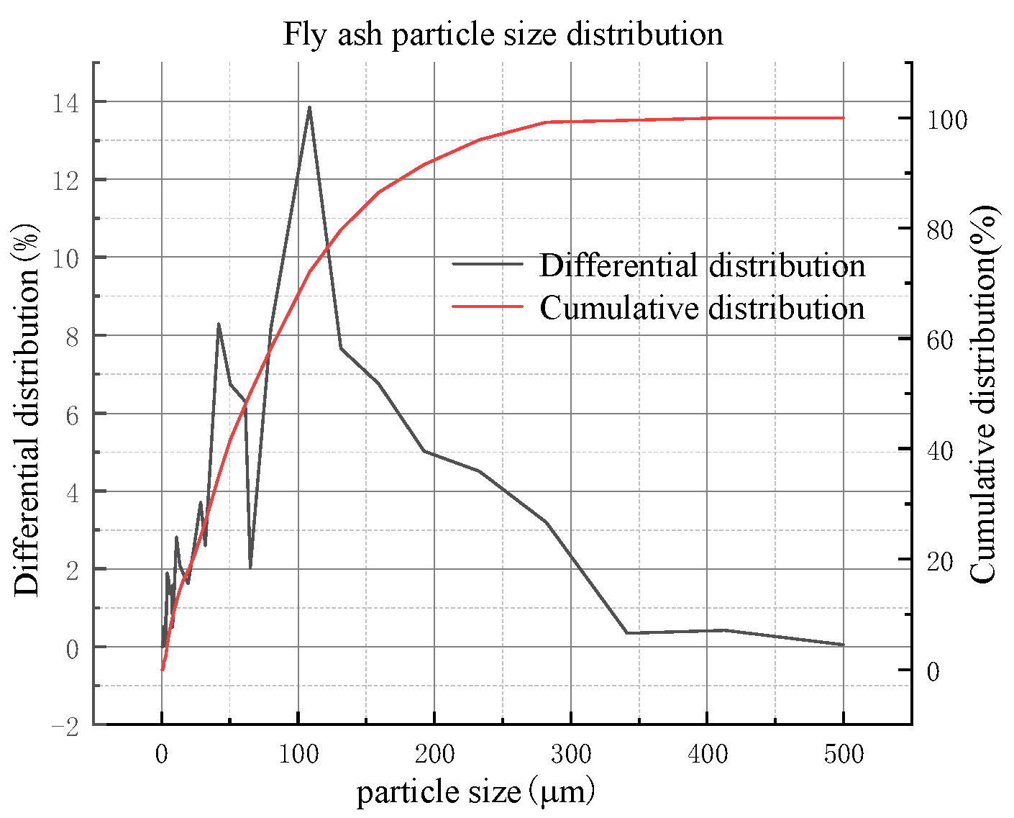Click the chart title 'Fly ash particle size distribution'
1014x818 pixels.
(x=503, y=34)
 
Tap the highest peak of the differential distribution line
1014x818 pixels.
(x=309, y=107)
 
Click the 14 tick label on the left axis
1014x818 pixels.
(x=65, y=104)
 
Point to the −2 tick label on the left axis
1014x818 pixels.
(x=65, y=727)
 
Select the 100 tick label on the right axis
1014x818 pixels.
(x=946, y=120)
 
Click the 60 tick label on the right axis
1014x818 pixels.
(x=939, y=340)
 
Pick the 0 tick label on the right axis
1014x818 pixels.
(x=933, y=671)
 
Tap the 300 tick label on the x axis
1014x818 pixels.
(x=571, y=755)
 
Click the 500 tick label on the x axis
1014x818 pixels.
(x=843, y=755)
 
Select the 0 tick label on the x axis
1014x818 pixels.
(x=162, y=755)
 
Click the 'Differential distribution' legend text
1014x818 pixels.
(x=702, y=265)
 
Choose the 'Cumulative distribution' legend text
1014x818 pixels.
(x=702, y=308)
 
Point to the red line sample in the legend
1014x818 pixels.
(x=488, y=306)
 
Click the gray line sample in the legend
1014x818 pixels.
(x=488, y=264)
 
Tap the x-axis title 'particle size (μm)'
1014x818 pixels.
(x=476, y=792)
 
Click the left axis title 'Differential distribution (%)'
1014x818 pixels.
(x=27, y=410)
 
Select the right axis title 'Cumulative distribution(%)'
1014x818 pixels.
(x=983, y=394)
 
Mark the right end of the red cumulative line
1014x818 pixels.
(x=843, y=118)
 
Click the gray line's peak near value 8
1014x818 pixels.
(x=219, y=324)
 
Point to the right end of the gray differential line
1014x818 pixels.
(x=843, y=645)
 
